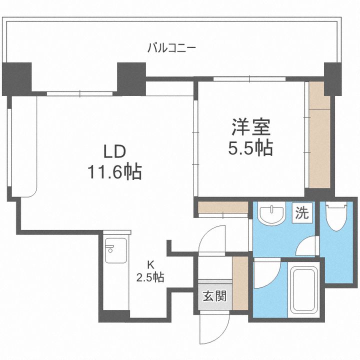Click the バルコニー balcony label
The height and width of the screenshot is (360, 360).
pos(171,48)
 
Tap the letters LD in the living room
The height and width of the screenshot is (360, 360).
pos(114,151)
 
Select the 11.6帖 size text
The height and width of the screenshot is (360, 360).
pos(114,172)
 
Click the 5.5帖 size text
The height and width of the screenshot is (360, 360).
pos(250,148)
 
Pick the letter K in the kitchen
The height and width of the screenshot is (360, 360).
pos(150,265)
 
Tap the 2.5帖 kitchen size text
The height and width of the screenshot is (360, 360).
pos(150,276)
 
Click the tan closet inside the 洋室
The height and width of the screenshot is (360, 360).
pos(319,140)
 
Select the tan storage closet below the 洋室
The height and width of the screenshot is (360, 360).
pos(222,208)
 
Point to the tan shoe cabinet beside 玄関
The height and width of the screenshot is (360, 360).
pos(240,282)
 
